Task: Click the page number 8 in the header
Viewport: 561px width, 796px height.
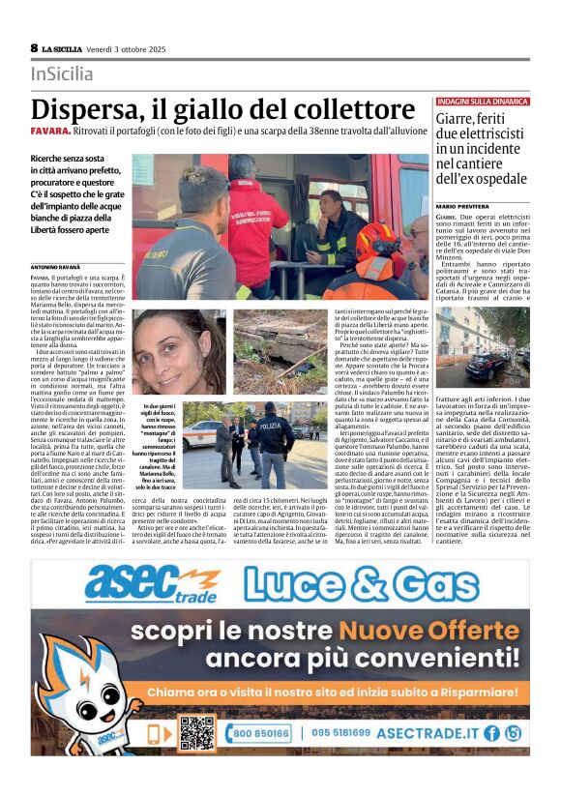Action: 34,47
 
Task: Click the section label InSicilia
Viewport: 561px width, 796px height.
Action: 62,74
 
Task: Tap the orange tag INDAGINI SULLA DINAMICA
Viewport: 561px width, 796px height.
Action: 483,101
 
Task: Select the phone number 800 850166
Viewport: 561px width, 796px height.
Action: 260,733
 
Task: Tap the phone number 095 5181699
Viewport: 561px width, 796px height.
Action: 340,733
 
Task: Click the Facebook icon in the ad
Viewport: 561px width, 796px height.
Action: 491,733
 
